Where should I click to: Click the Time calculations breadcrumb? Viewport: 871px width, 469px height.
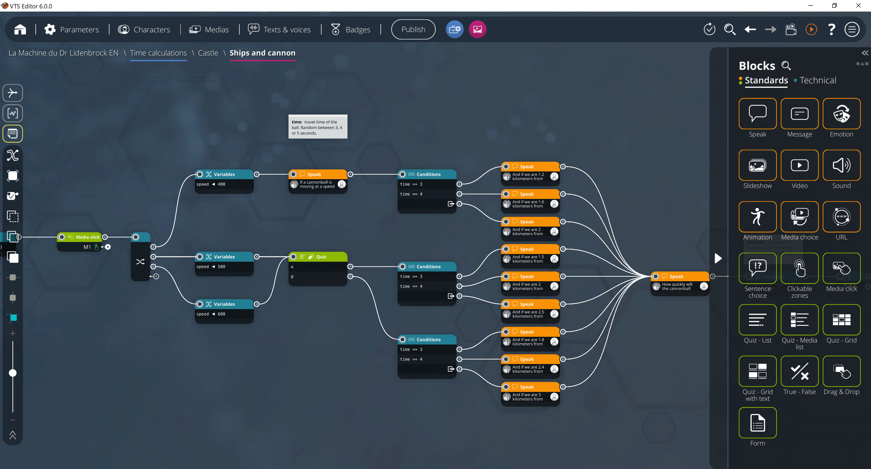158,53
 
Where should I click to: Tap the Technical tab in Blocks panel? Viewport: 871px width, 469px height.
817,81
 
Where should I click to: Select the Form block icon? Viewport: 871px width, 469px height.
757,423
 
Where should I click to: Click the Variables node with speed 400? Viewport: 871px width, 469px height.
224,174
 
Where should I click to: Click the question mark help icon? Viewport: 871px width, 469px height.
832,30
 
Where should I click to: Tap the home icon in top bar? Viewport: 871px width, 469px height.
20,30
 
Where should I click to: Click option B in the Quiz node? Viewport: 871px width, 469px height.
318,277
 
